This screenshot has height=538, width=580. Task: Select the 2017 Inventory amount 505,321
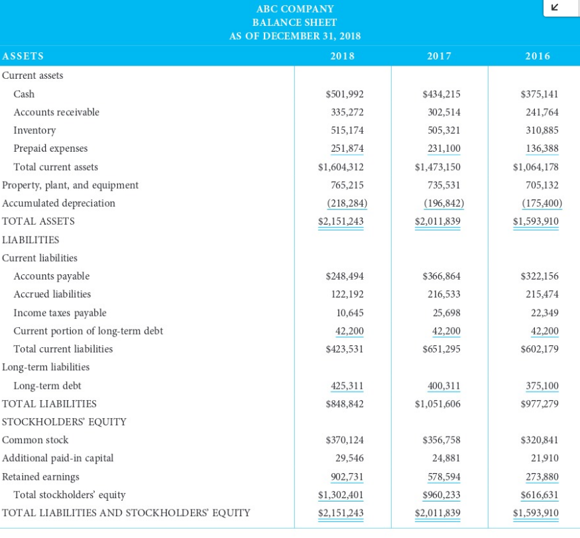[442, 131]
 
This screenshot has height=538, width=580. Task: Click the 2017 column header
[439, 56]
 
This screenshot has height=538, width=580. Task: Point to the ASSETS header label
[23, 56]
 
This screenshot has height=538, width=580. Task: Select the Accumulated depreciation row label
[58, 203]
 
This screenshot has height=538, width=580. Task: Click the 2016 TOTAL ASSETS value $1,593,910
[536, 221]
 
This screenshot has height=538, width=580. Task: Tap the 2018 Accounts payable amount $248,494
[345, 276]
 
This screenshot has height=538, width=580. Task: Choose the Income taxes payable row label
[60, 313]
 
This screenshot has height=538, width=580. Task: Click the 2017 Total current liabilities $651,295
[441, 349]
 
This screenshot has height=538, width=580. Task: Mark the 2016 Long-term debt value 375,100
[542, 386]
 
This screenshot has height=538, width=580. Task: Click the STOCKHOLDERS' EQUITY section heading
[64, 421]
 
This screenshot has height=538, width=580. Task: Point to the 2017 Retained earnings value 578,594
[442, 476]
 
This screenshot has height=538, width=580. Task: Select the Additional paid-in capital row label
[58, 458]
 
